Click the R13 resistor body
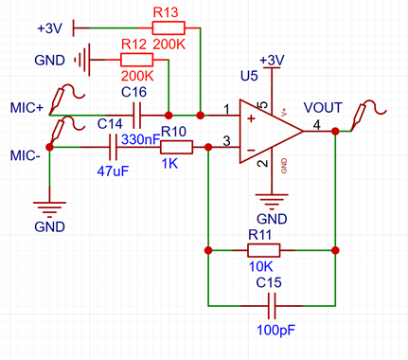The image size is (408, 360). click(169, 27)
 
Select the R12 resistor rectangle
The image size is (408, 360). click(136, 60)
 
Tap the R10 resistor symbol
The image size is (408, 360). click(176, 147)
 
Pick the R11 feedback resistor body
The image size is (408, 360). click(263, 250)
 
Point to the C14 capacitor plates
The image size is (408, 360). click(113, 147)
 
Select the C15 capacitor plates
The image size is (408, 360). click(272, 306)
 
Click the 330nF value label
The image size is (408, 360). click(141, 139)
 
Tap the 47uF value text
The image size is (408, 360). click(113, 171)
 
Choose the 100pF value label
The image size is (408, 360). click(276, 331)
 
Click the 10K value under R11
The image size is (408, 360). click(260, 267)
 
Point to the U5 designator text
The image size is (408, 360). click(249, 76)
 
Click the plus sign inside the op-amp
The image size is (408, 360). click(251, 119)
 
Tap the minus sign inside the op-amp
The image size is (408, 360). click(251, 151)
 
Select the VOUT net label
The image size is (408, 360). click(323, 108)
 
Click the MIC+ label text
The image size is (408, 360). click(27, 108)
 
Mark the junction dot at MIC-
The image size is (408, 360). click(49, 147)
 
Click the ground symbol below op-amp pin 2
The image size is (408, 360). click(272, 200)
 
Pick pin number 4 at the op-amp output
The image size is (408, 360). click(317, 125)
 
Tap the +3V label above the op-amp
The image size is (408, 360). click(272, 60)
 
